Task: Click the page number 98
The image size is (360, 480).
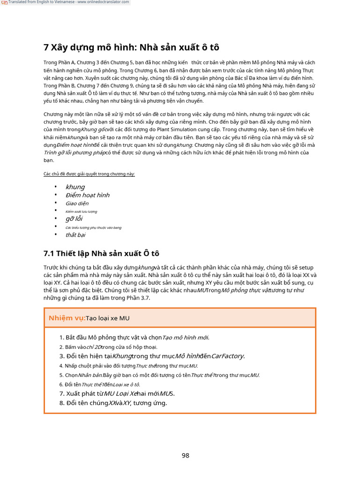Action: point(186,456)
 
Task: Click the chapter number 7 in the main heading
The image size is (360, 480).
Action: point(46,47)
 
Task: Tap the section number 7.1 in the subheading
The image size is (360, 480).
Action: point(49,254)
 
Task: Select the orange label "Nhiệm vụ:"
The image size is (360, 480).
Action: point(67,318)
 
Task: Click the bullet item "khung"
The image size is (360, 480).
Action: point(75,187)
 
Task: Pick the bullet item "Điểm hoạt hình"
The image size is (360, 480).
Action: point(87,195)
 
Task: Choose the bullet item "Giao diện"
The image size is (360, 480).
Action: point(77,203)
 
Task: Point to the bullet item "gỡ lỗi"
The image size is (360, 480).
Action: point(74,218)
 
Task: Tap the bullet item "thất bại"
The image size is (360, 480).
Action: point(75,235)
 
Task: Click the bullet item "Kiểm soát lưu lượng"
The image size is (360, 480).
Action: point(81,211)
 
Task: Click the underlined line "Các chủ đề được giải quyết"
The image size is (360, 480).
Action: point(89,174)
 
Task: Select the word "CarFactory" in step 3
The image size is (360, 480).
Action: point(227,356)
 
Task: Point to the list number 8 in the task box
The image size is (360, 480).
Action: point(62,403)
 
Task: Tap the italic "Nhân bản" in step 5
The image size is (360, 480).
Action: point(90,375)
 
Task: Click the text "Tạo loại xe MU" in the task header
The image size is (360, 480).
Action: point(107,318)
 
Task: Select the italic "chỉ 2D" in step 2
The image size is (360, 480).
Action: point(94,347)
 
